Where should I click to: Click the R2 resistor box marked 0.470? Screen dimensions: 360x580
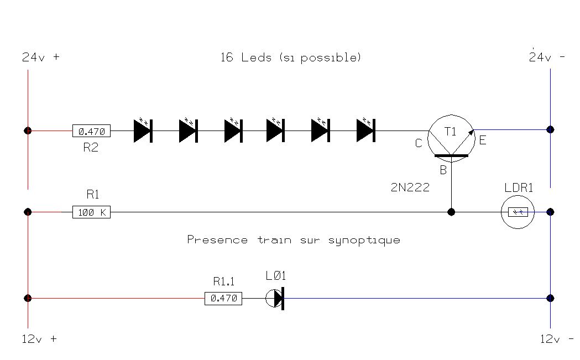pos(91,131)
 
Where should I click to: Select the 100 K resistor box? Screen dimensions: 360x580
pos(91,212)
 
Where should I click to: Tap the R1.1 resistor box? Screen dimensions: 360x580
pos(224,299)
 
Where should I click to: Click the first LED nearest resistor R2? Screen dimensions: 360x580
pos(143,131)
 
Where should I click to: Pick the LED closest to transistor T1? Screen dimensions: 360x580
pos(365,131)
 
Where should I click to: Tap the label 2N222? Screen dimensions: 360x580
pos(410,187)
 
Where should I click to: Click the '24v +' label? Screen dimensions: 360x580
pos(40,57)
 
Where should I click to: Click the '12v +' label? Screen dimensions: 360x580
pos(39,339)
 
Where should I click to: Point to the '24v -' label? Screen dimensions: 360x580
pos(547,57)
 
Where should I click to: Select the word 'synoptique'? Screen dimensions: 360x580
pos(364,240)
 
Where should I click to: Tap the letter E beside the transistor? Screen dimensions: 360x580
pos(483,140)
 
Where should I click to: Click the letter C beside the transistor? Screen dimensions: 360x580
pos(419,143)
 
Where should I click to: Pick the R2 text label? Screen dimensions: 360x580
pos(90,147)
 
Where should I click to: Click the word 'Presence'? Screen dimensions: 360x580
pos(217,240)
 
